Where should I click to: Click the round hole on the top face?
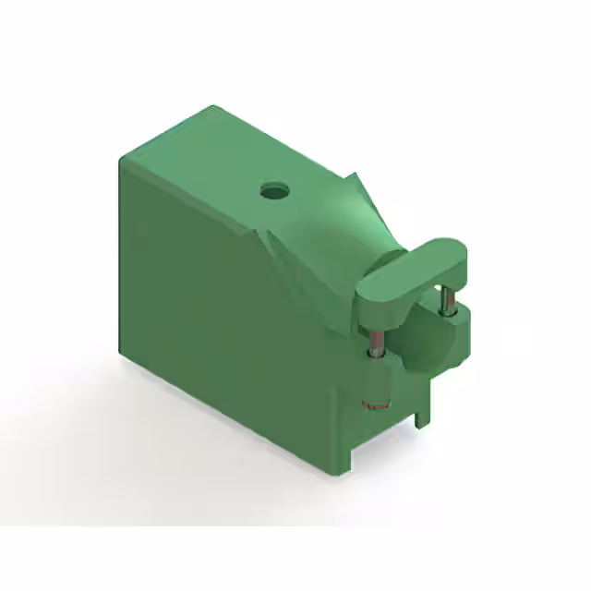[274, 192]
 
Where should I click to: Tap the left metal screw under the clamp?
[376, 341]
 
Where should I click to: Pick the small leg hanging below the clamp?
[423, 407]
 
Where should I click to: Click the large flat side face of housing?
[222, 314]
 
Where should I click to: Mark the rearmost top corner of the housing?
[219, 108]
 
